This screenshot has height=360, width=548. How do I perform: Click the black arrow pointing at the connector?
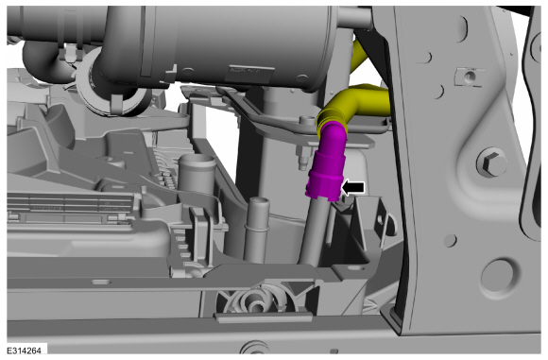pyautogui.click(x=353, y=188)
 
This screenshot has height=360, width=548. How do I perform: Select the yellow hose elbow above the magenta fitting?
pyautogui.click(x=353, y=105)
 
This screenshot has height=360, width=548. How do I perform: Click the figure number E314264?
pyautogui.click(x=25, y=351)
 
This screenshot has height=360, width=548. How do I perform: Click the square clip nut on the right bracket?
pyautogui.click(x=471, y=76)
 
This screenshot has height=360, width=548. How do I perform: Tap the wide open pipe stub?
pyautogui.click(x=197, y=175)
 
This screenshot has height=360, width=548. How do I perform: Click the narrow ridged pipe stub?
pyautogui.click(x=256, y=229)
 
